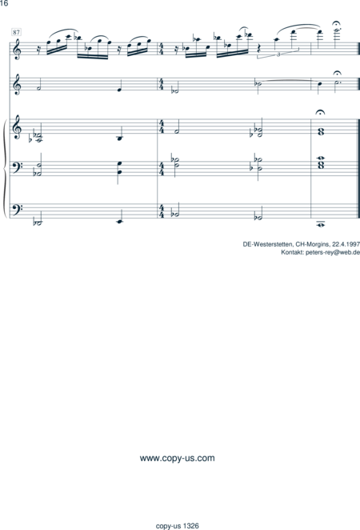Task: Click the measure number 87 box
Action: point(16,32)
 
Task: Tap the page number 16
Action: point(4,3)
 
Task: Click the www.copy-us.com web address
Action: point(178,458)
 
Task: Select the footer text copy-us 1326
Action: point(178,526)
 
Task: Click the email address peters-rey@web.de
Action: point(333,252)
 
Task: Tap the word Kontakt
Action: point(293,252)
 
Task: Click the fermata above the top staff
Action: point(336,23)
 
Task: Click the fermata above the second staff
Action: point(337,73)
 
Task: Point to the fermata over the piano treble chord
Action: point(320,112)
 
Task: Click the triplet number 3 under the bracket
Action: point(278,54)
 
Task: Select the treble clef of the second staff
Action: point(18,85)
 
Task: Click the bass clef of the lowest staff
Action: point(18,208)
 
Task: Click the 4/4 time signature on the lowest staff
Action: point(162,211)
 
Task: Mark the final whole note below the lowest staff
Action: point(320,224)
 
